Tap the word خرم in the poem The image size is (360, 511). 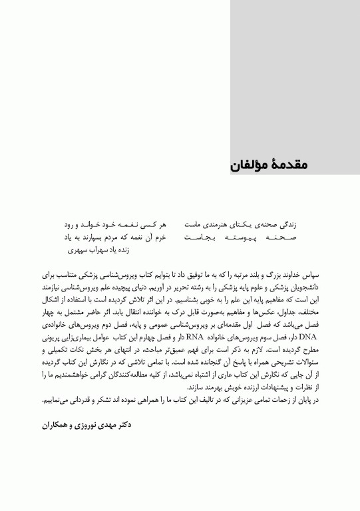coord(160,238)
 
